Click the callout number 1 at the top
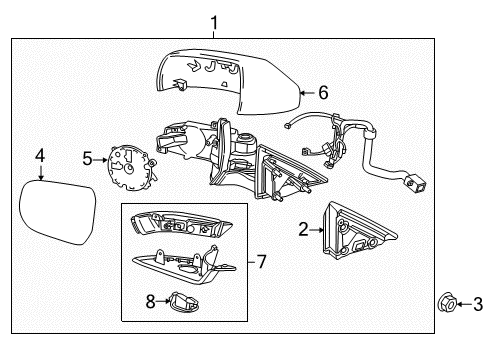coord(212,20)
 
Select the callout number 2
coord(302,229)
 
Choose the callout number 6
coord(322,92)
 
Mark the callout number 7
coord(261,262)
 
